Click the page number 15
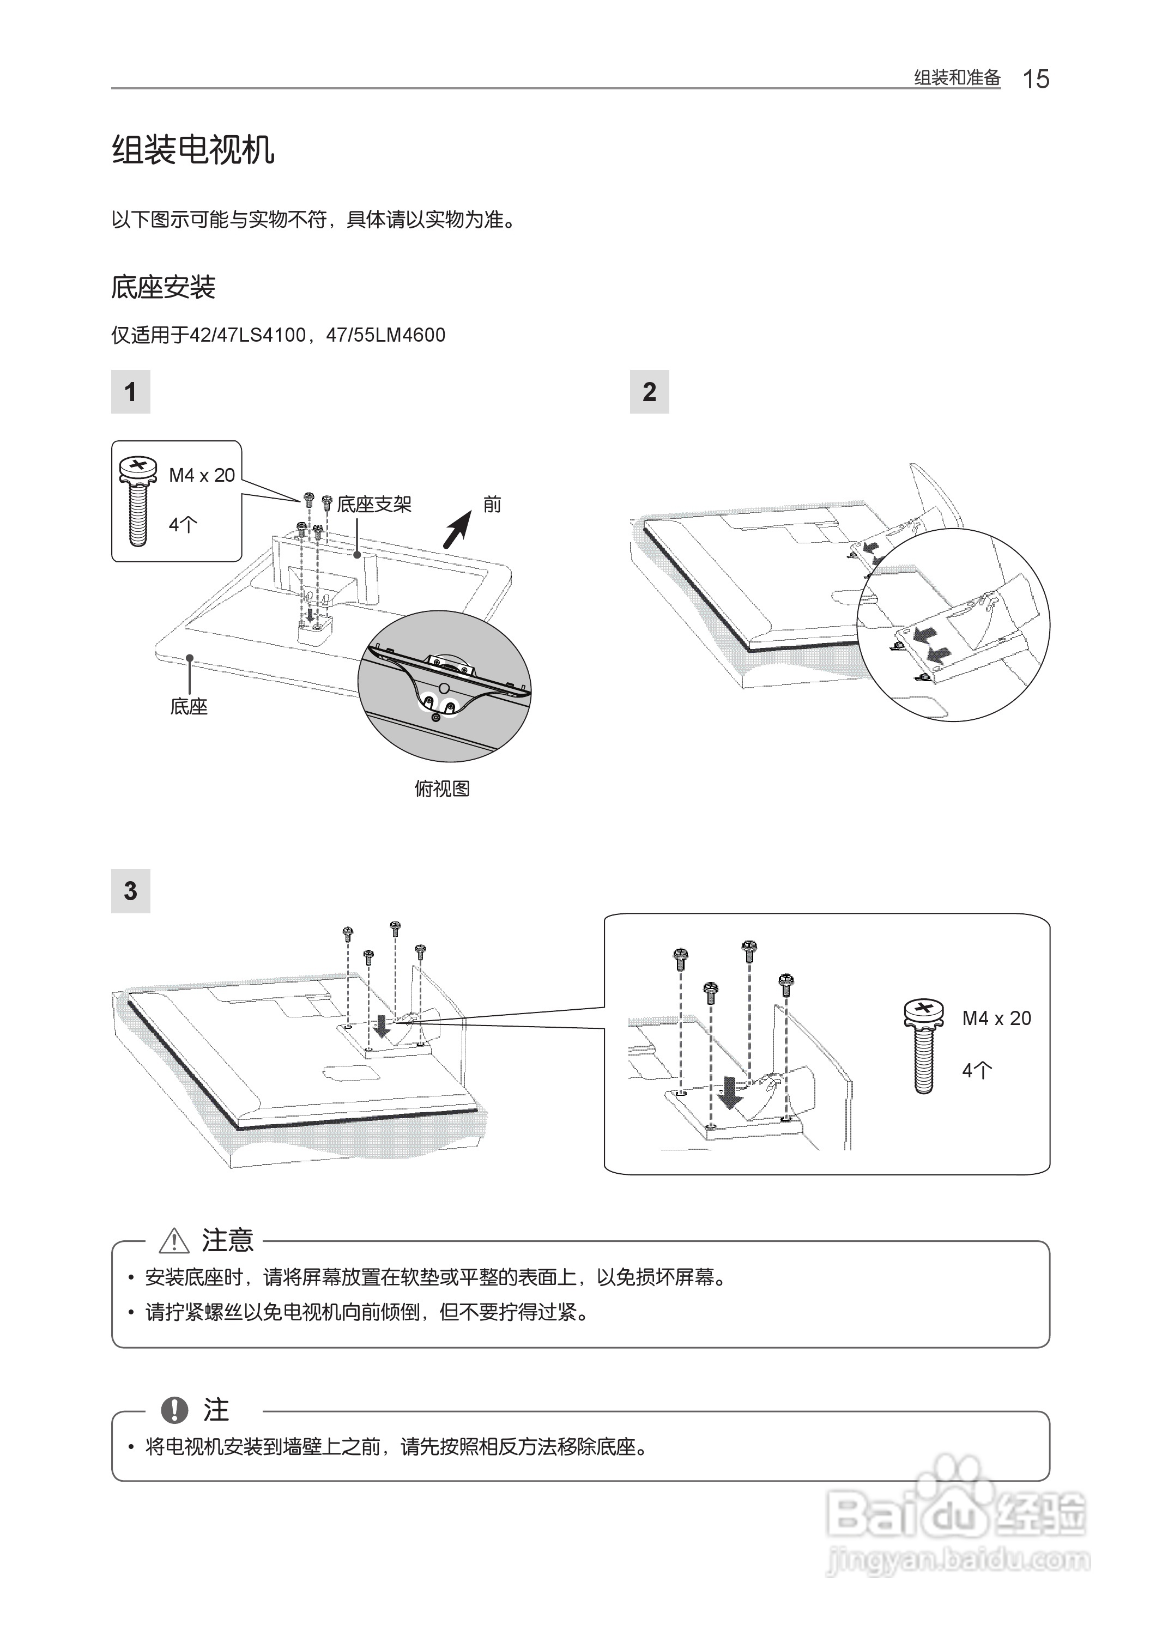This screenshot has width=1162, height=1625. [x=1036, y=78]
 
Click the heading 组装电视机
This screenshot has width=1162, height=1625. [x=192, y=150]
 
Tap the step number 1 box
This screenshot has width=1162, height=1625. [x=130, y=391]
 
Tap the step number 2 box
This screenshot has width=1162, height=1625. [x=649, y=391]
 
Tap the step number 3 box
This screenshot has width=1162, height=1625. [x=130, y=890]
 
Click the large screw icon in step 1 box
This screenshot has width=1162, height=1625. [x=139, y=501]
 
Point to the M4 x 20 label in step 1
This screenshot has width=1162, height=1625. [x=202, y=476]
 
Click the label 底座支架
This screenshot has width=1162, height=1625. [x=374, y=505]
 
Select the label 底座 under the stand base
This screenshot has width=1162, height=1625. [x=189, y=707]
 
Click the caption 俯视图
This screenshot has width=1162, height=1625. [x=441, y=789]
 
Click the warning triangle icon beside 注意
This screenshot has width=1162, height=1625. [x=174, y=1241]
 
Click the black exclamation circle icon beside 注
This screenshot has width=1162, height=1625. [x=174, y=1410]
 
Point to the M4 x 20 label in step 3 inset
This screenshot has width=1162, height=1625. [x=996, y=1018]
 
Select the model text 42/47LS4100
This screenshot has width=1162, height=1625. [x=247, y=336]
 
